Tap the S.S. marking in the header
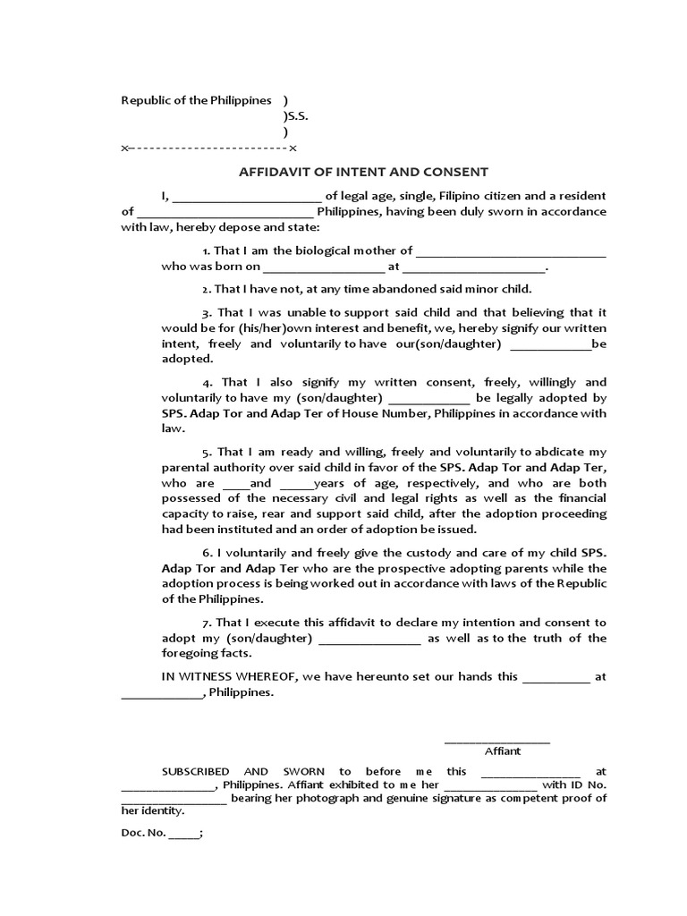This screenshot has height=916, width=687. click(297, 116)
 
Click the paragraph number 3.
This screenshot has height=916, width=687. click(206, 313)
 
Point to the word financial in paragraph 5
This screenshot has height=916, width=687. click(578, 498)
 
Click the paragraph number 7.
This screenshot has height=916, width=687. click(206, 623)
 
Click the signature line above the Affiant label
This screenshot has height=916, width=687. click(497, 742)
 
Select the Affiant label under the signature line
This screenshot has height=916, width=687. click(502, 751)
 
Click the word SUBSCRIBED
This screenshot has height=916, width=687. click(195, 771)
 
